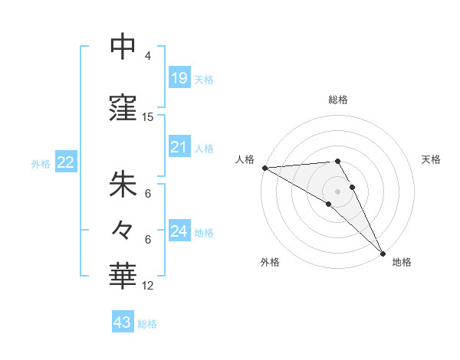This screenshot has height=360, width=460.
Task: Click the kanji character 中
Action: pyautogui.click(x=123, y=48)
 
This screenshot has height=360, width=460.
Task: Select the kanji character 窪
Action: pyautogui.click(x=123, y=109)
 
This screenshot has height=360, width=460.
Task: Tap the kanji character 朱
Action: pyautogui.click(x=123, y=185)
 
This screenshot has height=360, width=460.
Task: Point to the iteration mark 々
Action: pyautogui.click(x=123, y=229)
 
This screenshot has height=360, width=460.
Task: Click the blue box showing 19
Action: pyautogui.click(x=179, y=78)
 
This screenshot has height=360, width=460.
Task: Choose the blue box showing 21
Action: pyautogui.click(x=179, y=147)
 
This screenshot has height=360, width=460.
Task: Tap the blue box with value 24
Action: pyautogui.click(x=179, y=231)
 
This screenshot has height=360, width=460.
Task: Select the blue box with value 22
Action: pyautogui.click(x=65, y=162)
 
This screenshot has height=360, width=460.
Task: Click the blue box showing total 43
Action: pyautogui.click(x=122, y=322)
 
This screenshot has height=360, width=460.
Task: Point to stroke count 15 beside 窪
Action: pyautogui.click(x=148, y=117)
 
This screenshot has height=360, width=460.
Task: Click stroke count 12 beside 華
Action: pyautogui.click(x=148, y=286)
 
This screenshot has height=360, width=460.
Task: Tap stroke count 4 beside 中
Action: pyautogui.click(x=148, y=56)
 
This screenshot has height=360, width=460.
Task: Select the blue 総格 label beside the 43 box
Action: pyautogui.click(x=147, y=324)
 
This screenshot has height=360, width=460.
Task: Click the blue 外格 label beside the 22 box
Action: pyautogui.click(x=41, y=163)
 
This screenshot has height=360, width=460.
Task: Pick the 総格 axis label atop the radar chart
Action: pyautogui.click(x=338, y=100)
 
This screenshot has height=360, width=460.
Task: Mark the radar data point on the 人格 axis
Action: pyautogui.click(x=264, y=168)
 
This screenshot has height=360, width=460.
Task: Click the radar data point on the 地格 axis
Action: pyautogui.click(x=383, y=253)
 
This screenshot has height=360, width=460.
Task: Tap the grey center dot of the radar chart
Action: pyautogui.click(x=337, y=191)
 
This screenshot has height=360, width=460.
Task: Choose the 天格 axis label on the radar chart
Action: pyautogui.click(x=432, y=159)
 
